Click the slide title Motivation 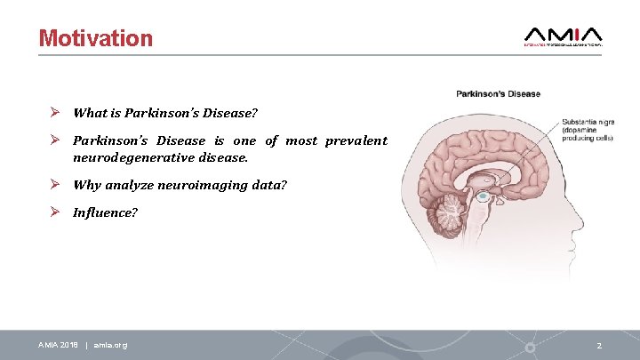pyautogui.click(x=96, y=38)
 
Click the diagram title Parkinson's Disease pyautogui.click(x=498, y=94)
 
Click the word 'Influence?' pyautogui.click(x=105, y=213)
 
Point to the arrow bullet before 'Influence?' pyautogui.click(x=55, y=213)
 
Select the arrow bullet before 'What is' pyautogui.click(x=55, y=113)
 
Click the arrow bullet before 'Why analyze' pyautogui.click(x=55, y=185)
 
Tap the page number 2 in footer pyautogui.click(x=599, y=345)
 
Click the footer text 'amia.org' pyautogui.click(x=110, y=345)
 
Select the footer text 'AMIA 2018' pyautogui.click(x=59, y=345)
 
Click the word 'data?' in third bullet pyautogui.click(x=268, y=185)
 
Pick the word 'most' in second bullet pyautogui.click(x=300, y=140)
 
